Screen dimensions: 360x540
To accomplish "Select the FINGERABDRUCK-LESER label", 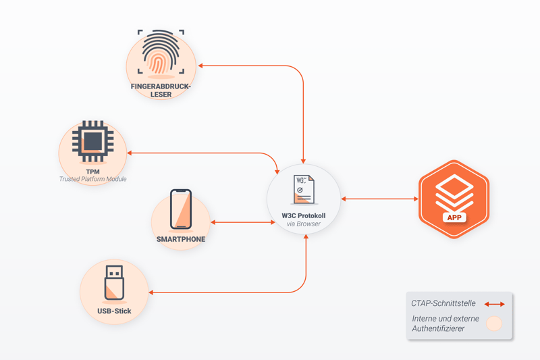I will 161,91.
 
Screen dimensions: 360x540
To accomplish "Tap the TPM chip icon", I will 92,141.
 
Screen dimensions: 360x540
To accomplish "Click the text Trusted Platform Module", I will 92,179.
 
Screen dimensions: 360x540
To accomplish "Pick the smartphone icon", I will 181,209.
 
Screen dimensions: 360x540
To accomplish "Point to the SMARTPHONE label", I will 181,239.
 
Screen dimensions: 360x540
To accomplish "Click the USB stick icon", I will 114,283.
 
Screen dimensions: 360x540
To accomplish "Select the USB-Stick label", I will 114,311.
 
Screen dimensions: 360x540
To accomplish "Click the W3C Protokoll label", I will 304,215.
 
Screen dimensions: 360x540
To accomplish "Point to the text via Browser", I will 304,224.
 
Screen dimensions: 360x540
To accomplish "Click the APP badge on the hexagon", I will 454,217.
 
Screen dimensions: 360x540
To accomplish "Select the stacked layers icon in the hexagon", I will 454,192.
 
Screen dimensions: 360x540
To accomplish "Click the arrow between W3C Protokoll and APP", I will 379,199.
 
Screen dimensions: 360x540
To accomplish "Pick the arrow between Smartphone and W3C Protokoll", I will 243,222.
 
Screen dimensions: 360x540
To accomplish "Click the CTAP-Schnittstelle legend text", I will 443,303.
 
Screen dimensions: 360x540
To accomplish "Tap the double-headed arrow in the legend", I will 495,304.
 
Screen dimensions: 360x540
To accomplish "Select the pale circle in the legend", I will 495,324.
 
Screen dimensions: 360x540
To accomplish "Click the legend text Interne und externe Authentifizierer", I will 446,323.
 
